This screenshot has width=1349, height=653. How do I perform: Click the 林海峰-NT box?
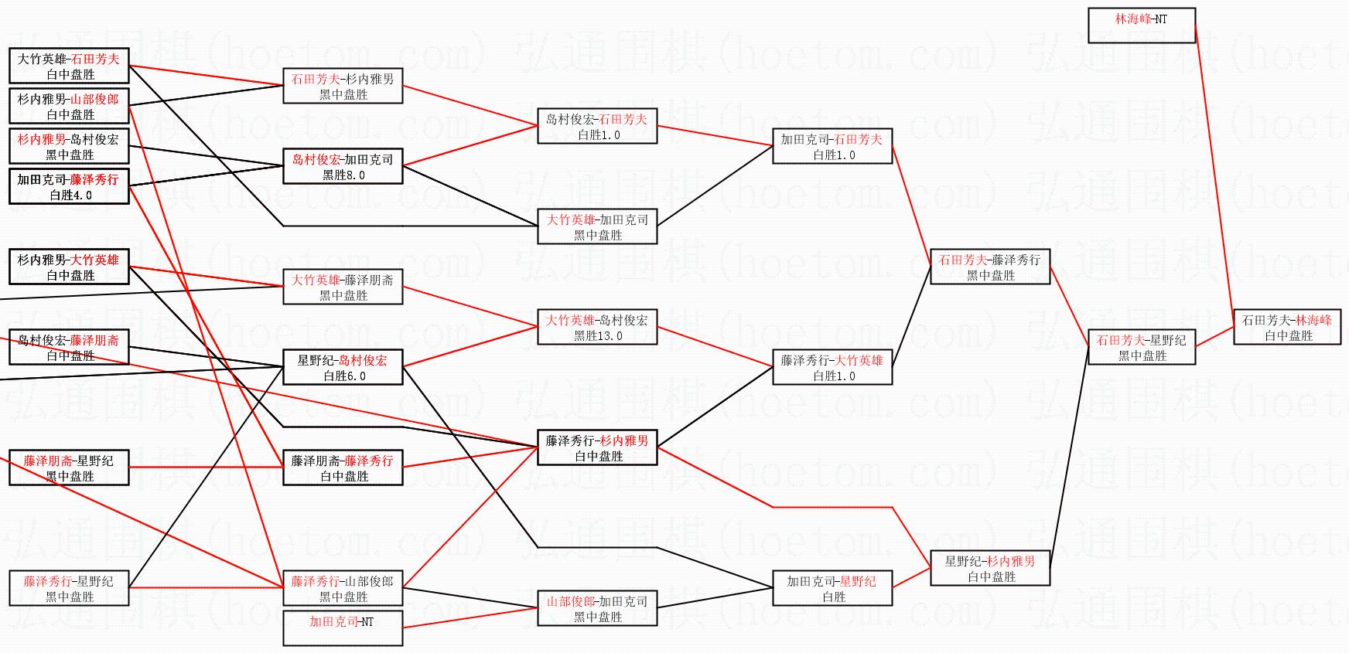pyautogui.click(x=1141, y=25)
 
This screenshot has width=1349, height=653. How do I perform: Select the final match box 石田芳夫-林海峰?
pyautogui.click(x=1286, y=327)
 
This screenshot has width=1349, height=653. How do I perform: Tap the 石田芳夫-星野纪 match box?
pyautogui.click(x=1141, y=347)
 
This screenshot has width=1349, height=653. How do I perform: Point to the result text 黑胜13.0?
pyautogui.click(x=597, y=336)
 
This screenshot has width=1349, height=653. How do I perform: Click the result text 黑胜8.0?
pyautogui.click(x=343, y=175)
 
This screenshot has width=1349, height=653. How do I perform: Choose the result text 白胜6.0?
pyautogui.click(x=343, y=376)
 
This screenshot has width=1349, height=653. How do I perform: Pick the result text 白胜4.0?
pyautogui.click(x=70, y=196)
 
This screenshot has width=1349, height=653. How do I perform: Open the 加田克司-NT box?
pyautogui.click(x=343, y=628)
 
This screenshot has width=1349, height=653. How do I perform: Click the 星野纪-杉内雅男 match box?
pyautogui.click(x=989, y=568)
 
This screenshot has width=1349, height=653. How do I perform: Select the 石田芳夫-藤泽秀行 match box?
pyautogui.click(x=989, y=267)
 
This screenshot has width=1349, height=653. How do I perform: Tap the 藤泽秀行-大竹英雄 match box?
pyautogui.click(x=832, y=367)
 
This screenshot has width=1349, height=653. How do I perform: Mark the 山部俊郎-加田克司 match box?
pyautogui.click(x=597, y=608)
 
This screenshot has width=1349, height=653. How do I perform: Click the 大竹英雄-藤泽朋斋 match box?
pyautogui.click(x=343, y=287)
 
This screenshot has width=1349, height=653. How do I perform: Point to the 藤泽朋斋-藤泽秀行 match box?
pyautogui.click(x=343, y=468)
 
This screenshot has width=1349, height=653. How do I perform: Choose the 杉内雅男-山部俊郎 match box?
pyautogui.click(x=69, y=106)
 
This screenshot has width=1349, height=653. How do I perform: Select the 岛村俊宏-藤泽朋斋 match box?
pyautogui.click(x=69, y=347)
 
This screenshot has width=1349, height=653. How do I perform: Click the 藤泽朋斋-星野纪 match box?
pyautogui.click(x=69, y=468)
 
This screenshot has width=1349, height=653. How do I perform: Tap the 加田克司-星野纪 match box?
pyautogui.click(x=832, y=588)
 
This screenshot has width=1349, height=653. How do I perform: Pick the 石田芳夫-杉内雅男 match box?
pyautogui.click(x=343, y=86)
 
